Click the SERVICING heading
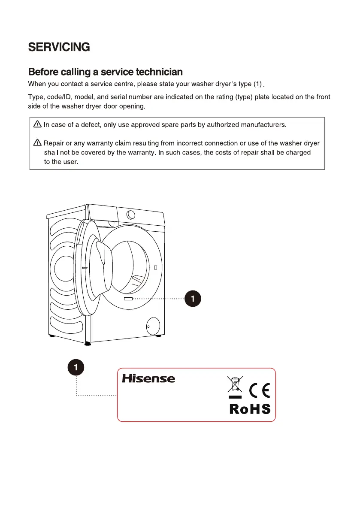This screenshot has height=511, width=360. click(x=59, y=47)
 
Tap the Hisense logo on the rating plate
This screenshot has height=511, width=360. click(x=148, y=378)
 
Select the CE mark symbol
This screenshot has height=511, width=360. click(x=260, y=390)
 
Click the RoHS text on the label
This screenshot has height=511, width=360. click(x=250, y=409)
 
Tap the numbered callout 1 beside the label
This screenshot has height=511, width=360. click(x=76, y=367)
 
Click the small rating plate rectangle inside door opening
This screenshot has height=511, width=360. click(x=128, y=298)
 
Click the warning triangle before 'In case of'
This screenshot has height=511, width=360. click(x=37, y=125)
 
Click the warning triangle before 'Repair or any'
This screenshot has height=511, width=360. click(x=37, y=143)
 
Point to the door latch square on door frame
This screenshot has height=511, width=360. click(x=155, y=267)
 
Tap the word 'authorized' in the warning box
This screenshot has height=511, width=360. click(x=223, y=125)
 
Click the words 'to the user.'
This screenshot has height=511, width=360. click(x=61, y=162)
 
